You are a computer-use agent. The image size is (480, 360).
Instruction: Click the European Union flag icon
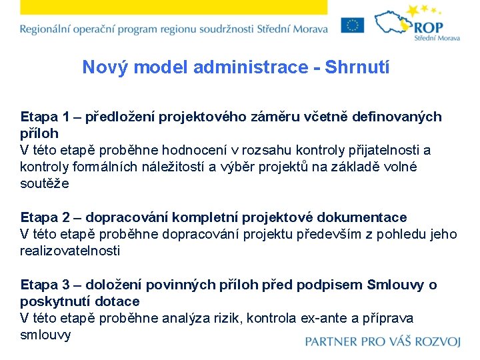click(352, 25)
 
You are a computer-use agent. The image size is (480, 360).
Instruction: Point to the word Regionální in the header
click(47, 29)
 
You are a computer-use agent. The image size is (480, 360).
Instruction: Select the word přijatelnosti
click(382, 150)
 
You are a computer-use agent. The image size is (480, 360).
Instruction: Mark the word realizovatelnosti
click(70, 251)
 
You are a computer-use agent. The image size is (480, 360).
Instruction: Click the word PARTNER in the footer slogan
click(332, 342)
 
